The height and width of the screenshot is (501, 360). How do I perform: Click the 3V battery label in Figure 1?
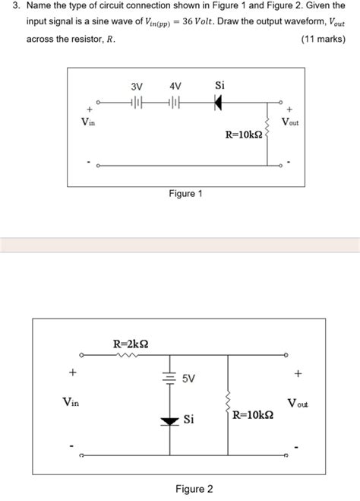click(x=137, y=87)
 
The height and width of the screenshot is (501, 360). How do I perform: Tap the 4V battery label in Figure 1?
click(x=175, y=87)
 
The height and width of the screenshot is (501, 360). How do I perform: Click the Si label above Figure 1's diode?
click(x=219, y=85)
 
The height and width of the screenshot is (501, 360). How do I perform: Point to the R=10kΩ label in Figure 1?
click(x=244, y=135)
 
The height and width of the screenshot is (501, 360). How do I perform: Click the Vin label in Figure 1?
click(x=89, y=122)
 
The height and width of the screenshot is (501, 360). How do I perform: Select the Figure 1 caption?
click(x=185, y=194)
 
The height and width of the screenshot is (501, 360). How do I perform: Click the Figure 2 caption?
click(x=194, y=489)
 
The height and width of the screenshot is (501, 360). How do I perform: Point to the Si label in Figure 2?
click(x=189, y=419)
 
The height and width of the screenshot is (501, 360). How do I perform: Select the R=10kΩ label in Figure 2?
click(x=253, y=416)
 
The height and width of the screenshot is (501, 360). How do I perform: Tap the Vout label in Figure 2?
click(x=297, y=402)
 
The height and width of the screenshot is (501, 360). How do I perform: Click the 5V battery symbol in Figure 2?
click(x=170, y=378)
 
